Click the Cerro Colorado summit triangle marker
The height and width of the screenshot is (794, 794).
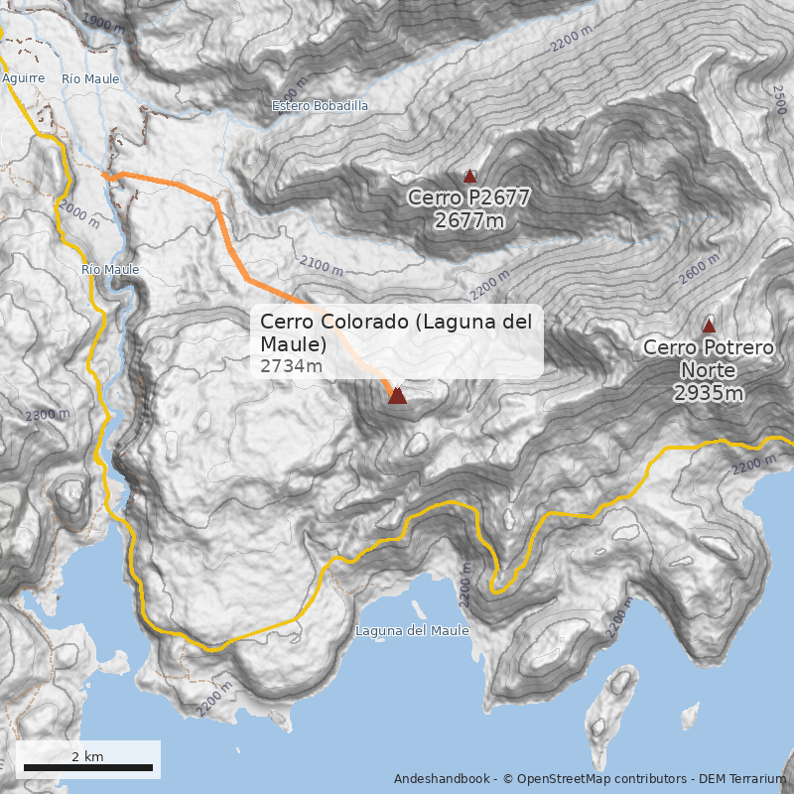(397, 395)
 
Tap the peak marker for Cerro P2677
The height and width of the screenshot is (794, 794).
(470, 176)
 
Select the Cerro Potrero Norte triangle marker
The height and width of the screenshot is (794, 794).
(709, 326)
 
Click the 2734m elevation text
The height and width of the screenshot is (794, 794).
(291, 366)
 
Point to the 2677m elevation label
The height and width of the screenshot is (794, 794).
(469, 219)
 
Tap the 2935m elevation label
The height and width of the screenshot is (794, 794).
(708, 393)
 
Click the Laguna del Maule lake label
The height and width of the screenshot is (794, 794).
(412, 630)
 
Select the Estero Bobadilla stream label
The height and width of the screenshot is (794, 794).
(320, 104)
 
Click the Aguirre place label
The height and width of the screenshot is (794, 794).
(24, 77)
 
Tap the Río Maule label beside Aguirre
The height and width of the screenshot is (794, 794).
(90, 78)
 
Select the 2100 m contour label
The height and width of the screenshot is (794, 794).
(321, 265)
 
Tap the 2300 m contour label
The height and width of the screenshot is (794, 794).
(48, 415)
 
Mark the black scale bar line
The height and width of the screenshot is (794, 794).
(87, 767)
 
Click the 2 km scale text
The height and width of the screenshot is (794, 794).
(87, 756)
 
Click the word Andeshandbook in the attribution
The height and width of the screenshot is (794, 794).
(441, 778)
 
